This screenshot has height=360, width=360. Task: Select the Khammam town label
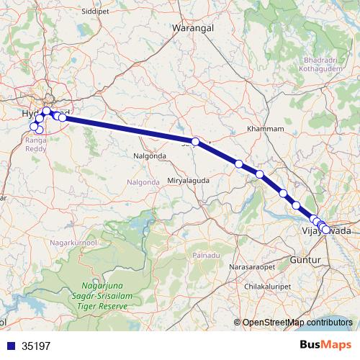pyautogui.click(x=261, y=128)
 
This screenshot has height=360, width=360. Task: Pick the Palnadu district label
pyautogui.click(x=206, y=256)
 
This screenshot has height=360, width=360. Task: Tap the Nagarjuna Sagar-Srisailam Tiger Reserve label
pyautogui.click(x=102, y=296)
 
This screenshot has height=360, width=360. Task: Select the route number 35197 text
pyautogui.click(x=36, y=346)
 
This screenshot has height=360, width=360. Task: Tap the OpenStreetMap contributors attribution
pyautogui.click(x=297, y=323)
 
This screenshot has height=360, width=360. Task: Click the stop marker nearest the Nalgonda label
pyautogui.click(x=195, y=142)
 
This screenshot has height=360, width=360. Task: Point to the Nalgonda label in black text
pyautogui.click(x=150, y=156)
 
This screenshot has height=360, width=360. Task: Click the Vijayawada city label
pyautogui.click(x=325, y=230)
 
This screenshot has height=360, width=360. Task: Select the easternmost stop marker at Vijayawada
pyautogui.click(x=326, y=230)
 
